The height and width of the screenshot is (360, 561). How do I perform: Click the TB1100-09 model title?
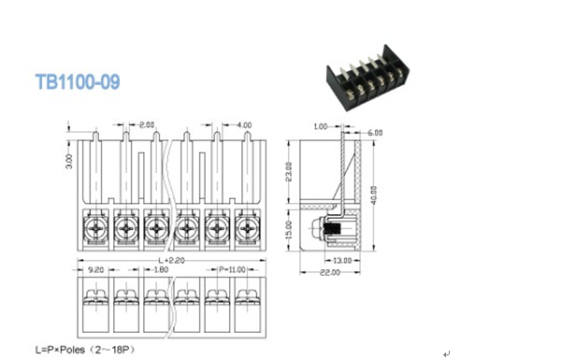(x=78, y=82)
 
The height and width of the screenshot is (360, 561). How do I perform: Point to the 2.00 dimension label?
(x=147, y=124)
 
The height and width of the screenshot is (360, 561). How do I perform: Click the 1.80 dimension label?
(x=161, y=269)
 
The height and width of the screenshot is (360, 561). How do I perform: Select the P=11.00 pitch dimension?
(x=231, y=269)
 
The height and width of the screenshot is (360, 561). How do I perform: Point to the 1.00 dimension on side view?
(x=321, y=125)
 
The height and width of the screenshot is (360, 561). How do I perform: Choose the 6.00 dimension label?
(x=375, y=133)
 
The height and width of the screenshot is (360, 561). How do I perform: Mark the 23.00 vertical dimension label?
(x=290, y=172)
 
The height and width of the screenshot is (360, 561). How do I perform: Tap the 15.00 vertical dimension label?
(x=290, y=228)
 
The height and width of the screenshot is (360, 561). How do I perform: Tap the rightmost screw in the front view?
(x=248, y=228)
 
